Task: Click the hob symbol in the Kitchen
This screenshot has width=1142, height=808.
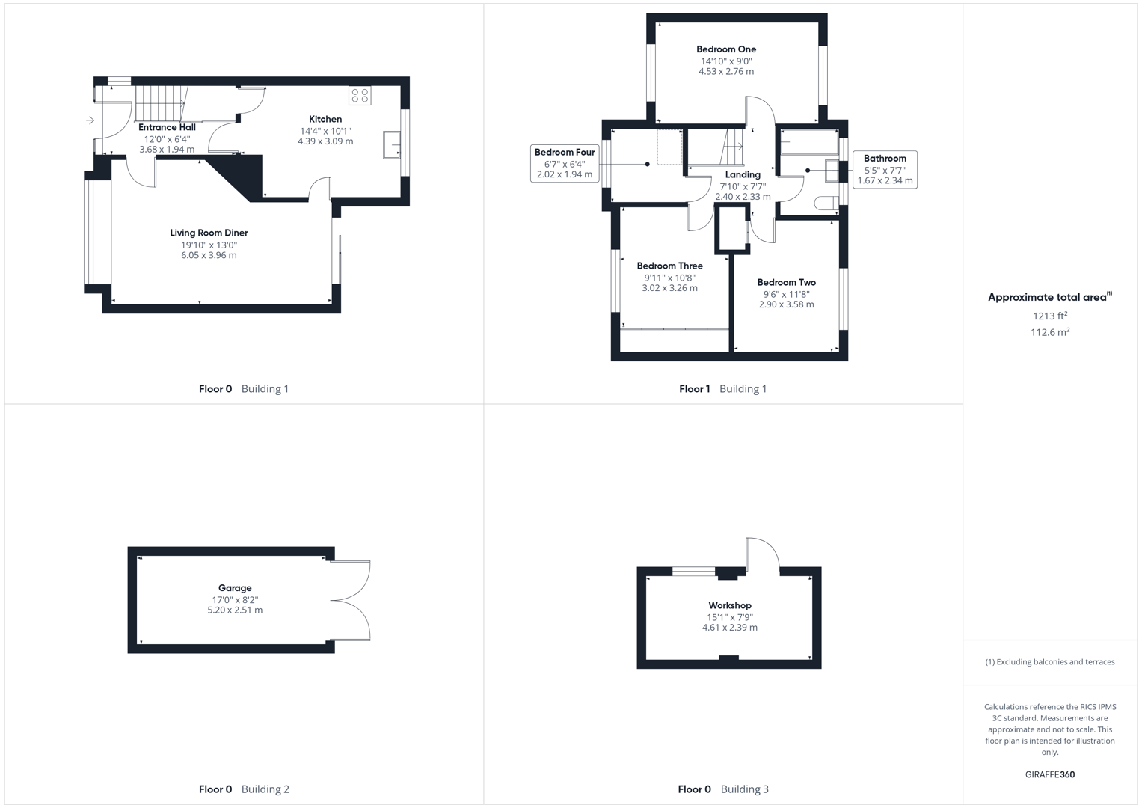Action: tap(360, 96)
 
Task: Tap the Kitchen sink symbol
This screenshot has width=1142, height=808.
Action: tap(392, 144)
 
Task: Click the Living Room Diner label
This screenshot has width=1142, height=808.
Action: tap(209, 233)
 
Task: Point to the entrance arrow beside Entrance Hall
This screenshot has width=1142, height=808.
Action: tap(90, 120)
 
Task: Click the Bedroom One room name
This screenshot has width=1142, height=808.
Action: tap(726, 49)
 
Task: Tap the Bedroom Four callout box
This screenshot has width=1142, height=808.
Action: tap(565, 163)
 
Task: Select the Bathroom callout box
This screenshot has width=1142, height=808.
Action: tap(885, 169)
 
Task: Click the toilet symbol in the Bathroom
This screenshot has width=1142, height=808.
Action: tap(825, 203)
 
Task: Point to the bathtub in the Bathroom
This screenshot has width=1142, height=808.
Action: tap(808, 142)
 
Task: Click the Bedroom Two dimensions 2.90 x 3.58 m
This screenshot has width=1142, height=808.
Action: tap(786, 304)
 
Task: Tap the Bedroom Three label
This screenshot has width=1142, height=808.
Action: tap(669, 266)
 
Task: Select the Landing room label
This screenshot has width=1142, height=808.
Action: tap(743, 174)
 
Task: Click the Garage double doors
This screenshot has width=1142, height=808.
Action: tap(350, 600)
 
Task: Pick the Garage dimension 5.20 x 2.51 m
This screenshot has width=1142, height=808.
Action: tap(235, 610)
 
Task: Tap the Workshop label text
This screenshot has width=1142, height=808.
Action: tap(730, 605)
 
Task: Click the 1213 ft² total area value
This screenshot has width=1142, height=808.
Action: tap(1050, 316)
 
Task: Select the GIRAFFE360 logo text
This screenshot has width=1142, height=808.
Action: tap(1050, 774)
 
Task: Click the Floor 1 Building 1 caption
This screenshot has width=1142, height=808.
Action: tap(722, 389)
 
